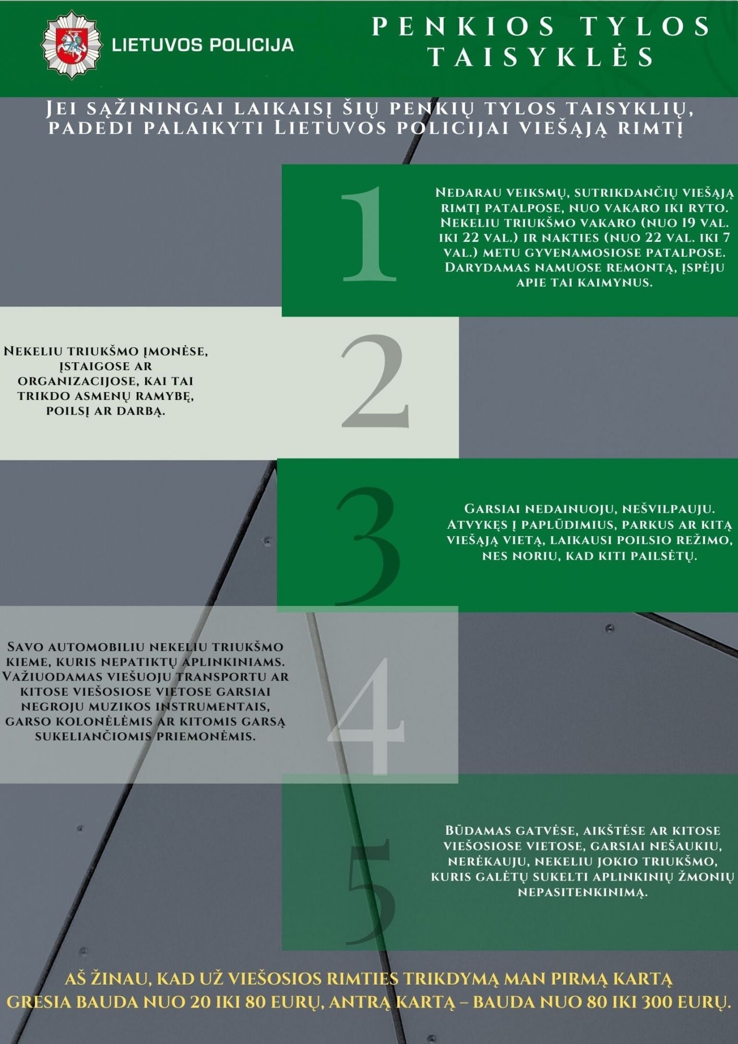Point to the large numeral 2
[374, 381]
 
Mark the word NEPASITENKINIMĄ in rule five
[582, 893]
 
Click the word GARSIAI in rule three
[492, 509]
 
